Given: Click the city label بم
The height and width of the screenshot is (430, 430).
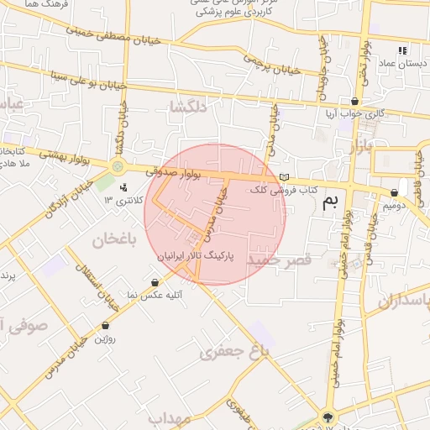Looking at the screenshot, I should [x=334, y=200].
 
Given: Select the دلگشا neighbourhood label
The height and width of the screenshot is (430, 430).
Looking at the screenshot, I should [x=188, y=107].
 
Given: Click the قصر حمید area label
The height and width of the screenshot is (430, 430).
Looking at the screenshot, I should [x=279, y=260].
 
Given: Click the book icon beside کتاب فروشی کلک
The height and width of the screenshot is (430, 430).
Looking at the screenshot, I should [x=285, y=177].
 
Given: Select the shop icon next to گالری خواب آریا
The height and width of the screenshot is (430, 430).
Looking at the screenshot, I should [x=355, y=101].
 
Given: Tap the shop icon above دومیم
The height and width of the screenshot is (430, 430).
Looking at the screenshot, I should [x=394, y=192].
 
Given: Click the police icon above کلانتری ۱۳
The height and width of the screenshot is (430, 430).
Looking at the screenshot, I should [x=123, y=187].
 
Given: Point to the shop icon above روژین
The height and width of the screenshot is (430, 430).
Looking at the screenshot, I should [x=105, y=325].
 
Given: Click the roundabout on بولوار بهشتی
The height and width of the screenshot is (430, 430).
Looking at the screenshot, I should [x=118, y=166].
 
